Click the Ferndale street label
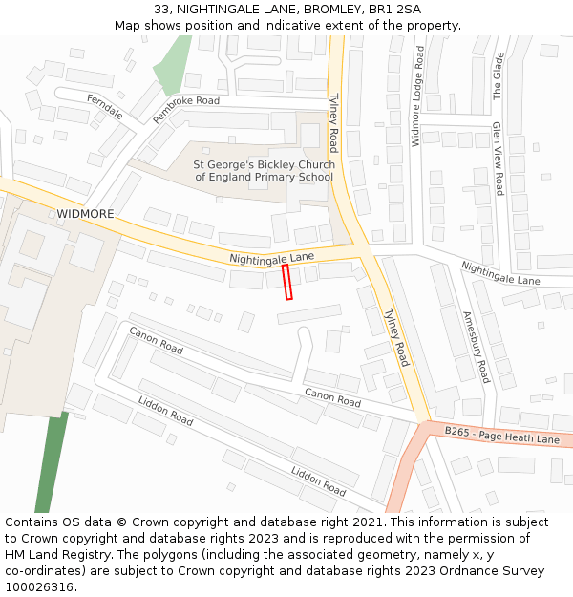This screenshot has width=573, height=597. point(105,105)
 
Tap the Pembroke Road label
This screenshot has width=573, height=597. point(185,111)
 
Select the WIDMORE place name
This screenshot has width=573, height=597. point(85,213)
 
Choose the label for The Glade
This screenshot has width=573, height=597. point(498,76)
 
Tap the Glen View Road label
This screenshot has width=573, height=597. point(498,159)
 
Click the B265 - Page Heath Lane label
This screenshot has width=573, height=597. point(501,436)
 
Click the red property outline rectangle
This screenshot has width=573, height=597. point(287,282)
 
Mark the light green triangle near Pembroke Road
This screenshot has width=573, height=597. point(172,65)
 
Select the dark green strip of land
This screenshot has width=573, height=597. point(52,462)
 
